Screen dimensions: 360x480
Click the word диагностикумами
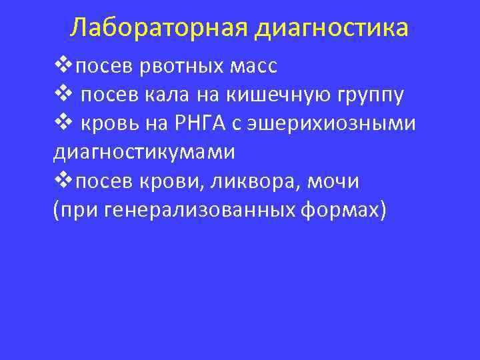144,152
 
